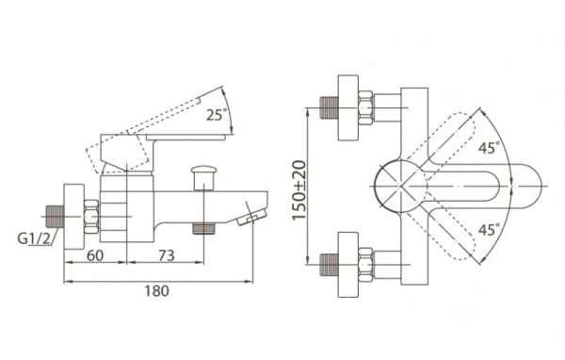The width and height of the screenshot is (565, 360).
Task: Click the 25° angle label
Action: [x=217, y=114]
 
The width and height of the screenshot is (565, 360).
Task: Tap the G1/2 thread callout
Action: [x=34, y=238]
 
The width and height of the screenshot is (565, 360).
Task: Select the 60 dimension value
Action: [x=95, y=255]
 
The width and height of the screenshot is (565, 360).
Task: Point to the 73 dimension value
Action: [x=167, y=255]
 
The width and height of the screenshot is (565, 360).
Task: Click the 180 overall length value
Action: [x=156, y=290]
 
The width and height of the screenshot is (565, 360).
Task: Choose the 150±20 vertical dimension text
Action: [x=299, y=190]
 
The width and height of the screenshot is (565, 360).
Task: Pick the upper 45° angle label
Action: [x=490, y=147]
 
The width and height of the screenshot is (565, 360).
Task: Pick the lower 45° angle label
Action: [x=490, y=229]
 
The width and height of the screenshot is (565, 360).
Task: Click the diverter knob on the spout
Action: [x=204, y=177]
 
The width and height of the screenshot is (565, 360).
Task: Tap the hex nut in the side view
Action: [x=90, y=217]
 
